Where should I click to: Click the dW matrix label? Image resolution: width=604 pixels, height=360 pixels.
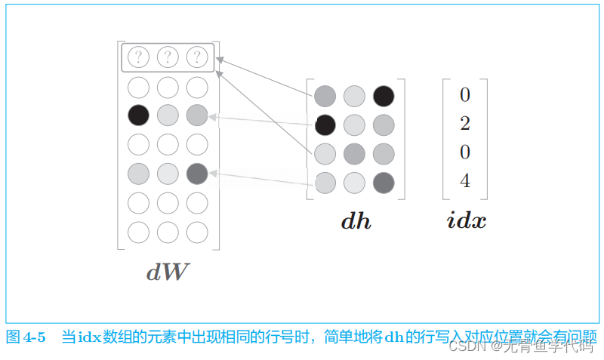[168, 272]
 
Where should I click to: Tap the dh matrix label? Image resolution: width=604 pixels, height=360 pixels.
[356, 221]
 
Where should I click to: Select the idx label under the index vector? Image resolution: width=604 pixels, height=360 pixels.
[466, 221]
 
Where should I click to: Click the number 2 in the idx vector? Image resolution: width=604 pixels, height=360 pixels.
[465, 124]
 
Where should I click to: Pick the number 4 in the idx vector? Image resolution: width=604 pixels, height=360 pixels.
[465, 181]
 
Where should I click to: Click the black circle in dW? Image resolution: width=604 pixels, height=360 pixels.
[138, 115]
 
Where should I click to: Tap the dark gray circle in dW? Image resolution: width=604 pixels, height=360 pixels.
[197, 174]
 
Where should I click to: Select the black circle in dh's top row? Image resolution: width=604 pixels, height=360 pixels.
[384, 96]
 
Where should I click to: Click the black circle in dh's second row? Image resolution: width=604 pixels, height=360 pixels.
[325, 124]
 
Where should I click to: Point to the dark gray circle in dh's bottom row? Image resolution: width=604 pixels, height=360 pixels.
[384, 182]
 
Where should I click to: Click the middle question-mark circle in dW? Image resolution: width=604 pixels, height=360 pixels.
[168, 57]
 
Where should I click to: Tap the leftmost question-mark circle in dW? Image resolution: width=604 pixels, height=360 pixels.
[138, 57]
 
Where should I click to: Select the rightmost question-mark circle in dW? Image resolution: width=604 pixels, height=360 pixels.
[197, 57]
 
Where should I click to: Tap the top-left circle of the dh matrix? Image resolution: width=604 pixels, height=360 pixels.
[325, 96]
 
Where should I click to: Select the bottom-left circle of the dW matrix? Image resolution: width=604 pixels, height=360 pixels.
[138, 232]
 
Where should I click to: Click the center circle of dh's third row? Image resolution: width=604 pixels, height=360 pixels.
[355, 153]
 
